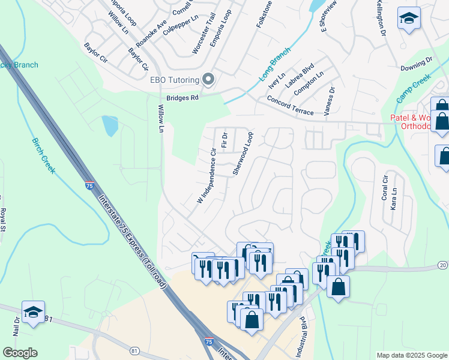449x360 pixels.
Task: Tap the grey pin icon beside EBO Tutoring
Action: (x=209, y=79)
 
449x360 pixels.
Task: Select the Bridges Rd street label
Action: (x=182, y=97)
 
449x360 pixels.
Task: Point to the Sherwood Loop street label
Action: (x=243, y=154)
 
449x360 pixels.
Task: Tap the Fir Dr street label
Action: (x=225, y=140)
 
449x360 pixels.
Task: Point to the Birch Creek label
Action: (x=43, y=155)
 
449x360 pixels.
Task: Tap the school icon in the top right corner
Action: (x=409, y=19)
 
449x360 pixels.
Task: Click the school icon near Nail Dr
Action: (x=33, y=312)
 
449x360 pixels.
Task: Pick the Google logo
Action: (x=20, y=352)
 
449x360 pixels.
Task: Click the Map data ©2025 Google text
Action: (x=411, y=355)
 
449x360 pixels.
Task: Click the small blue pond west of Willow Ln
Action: (x=110, y=125)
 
